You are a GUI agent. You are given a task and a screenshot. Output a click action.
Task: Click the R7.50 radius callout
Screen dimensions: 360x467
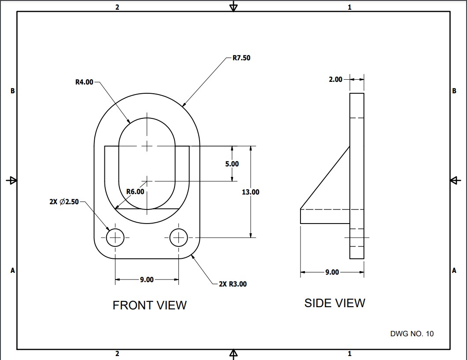[241, 58]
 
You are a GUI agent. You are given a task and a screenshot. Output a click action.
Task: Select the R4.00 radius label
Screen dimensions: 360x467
[84, 82]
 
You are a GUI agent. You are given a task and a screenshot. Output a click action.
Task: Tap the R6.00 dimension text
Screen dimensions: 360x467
[135, 192]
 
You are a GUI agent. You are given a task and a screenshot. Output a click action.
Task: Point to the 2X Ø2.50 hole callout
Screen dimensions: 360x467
[64, 202]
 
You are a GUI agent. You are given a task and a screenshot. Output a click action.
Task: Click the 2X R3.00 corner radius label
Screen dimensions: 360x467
[233, 284]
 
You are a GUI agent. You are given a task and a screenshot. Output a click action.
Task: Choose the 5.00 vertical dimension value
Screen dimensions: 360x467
[232, 164]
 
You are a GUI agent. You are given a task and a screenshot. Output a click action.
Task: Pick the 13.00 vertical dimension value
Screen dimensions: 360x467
[251, 192]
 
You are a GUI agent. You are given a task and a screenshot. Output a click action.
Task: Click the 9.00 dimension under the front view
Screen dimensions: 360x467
[147, 279]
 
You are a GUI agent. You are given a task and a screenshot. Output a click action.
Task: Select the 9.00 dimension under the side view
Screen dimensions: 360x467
[332, 272]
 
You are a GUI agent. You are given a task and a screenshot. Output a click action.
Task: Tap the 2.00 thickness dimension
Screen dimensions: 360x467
[335, 80]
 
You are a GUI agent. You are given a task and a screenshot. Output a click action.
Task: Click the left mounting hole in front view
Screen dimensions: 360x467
[115, 238]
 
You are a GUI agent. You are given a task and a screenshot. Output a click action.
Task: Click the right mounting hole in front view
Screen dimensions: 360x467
[178, 238]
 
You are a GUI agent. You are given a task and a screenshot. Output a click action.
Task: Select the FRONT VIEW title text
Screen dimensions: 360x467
[149, 305]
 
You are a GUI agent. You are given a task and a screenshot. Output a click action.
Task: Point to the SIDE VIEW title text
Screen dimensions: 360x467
[334, 303]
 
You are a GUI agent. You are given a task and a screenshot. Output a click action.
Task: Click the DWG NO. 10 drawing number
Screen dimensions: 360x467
[411, 334]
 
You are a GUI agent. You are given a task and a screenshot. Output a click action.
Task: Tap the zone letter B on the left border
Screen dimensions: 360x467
[13, 91]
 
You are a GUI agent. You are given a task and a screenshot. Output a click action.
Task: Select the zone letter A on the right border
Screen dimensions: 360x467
[454, 271]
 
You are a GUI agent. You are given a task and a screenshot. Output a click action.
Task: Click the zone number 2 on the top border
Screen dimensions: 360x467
[117, 7]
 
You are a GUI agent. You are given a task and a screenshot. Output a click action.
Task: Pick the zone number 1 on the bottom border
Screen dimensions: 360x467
[349, 354]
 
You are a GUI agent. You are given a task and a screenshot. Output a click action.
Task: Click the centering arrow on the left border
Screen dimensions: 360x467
[11, 180]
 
